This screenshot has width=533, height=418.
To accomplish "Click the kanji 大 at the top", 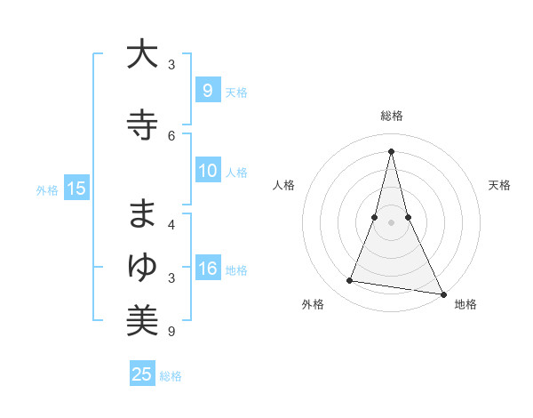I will (142, 54).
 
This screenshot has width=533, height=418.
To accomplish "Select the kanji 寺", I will (142, 124).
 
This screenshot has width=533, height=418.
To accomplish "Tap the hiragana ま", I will (142, 214).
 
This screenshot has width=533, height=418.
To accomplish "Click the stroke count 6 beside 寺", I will (171, 135).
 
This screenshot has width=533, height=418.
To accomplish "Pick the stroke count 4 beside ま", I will (171, 225).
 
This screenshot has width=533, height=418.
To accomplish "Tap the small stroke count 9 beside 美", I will (171, 332).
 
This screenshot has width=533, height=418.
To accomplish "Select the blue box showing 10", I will (208, 172).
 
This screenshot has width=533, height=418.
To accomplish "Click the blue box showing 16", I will (208, 269).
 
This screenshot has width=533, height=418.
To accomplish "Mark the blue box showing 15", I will (76, 189).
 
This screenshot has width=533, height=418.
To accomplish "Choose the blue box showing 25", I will (142, 374).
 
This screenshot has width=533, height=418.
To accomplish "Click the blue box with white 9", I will (208, 91).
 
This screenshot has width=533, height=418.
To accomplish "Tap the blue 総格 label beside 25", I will (171, 376).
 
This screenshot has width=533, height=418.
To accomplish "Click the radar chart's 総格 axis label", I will (392, 116).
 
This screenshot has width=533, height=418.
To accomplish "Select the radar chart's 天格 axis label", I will (500, 185).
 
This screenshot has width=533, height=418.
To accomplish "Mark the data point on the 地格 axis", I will (442, 293).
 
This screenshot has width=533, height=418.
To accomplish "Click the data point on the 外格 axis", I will (349, 281).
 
